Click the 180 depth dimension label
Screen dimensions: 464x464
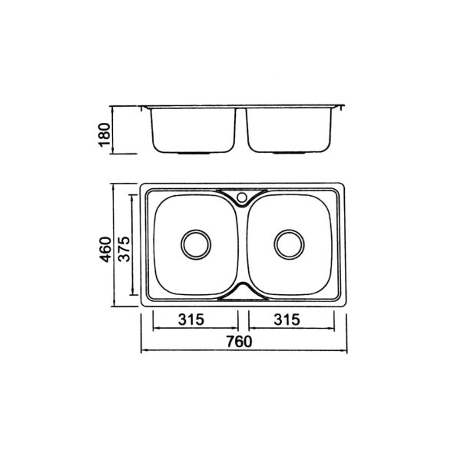coord(104,134)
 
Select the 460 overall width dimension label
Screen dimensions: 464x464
coord(106,250)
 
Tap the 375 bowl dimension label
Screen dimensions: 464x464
coord(124,249)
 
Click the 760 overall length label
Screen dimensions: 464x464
coord(239,342)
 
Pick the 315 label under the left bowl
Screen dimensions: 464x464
coord(191,320)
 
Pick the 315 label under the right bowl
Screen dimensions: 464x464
coord(287,320)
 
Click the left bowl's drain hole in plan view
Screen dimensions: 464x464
coord(196,245)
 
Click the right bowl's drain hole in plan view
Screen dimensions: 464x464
coord(289,245)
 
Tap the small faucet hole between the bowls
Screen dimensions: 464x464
coord(242,197)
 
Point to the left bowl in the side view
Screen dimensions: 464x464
coord(194,131)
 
